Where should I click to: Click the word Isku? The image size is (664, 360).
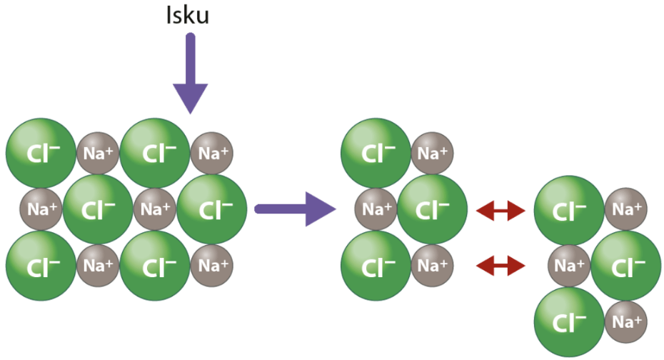coord(188,15)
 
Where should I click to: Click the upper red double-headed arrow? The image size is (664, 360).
coord(501,211)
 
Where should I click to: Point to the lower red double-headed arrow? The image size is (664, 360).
coord(501,266)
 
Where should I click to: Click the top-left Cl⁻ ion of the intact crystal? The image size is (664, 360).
coord(41,154)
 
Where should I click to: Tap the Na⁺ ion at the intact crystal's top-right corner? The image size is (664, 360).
coord(212,154)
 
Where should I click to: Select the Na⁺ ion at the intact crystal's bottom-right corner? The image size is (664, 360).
coord(212,266)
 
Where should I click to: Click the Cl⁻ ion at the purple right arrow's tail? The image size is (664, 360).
coord(212,209)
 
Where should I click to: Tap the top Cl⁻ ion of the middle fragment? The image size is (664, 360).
coord(376,154)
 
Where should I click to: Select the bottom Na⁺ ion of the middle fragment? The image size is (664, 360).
coord(433,266)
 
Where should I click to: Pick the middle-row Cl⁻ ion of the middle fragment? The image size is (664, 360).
coord(433,209)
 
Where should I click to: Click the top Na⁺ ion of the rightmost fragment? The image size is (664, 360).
coord(626,209)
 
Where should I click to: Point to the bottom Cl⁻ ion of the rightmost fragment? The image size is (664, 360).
coord(569,322)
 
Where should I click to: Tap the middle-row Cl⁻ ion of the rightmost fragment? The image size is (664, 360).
coord(626,266)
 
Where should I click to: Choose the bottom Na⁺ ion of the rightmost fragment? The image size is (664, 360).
coord(626,322)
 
